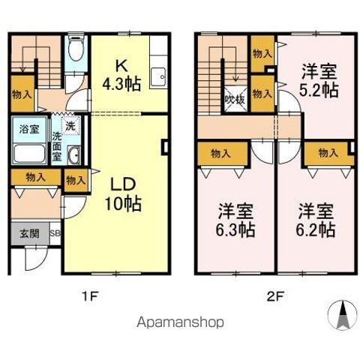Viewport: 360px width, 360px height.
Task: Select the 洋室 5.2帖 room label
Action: [319, 80]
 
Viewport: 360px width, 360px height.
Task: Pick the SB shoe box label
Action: [54, 233]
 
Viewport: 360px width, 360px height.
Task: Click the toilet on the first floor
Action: [73, 52]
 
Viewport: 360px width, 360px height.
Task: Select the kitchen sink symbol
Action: [158, 76]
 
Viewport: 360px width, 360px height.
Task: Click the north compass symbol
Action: [341, 315]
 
